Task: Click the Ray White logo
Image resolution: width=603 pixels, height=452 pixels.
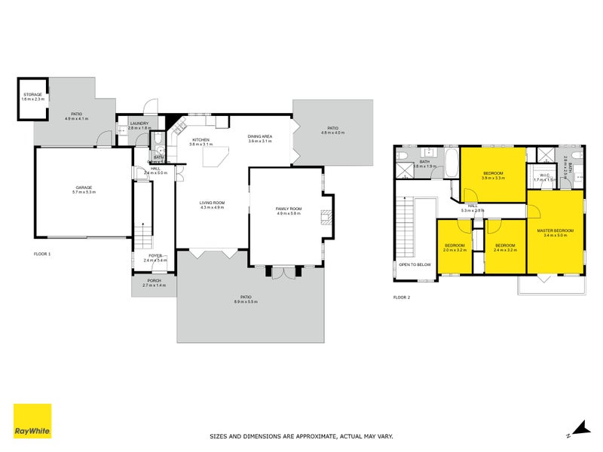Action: click(x=32, y=421)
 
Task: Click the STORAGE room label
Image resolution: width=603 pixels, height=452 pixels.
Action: click(x=32, y=95)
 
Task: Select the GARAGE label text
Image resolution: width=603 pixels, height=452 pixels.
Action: click(x=83, y=187)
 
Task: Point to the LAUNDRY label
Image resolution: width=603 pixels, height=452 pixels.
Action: click(x=139, y=124)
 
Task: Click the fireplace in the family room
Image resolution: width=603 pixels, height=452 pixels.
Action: click(x=325, y=218)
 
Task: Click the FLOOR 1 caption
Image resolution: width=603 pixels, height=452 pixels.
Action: click(x=42, y=254)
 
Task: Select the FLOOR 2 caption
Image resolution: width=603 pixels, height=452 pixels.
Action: click(x=402, y=298)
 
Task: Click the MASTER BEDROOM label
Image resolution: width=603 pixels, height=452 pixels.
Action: click(x=556, y=230)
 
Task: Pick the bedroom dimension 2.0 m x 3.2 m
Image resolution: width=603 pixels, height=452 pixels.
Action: click(x=455, y=251)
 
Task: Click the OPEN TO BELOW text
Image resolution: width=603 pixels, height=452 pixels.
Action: click(x=415, y=265)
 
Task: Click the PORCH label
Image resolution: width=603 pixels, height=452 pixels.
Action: click(x=154, y=280)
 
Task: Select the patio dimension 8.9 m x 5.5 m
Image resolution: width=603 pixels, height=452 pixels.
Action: click(x=246, y=301)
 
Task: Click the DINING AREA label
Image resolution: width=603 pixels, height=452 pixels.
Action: click(x=260, y=136)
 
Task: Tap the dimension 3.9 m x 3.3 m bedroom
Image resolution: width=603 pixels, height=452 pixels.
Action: click(x=493, y=178)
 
